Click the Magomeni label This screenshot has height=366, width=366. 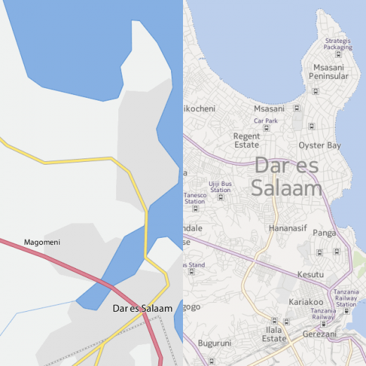(x=42, y=242)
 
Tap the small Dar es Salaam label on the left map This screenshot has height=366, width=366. (x=142, y=308)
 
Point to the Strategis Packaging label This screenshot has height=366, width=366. (x=337, y=44)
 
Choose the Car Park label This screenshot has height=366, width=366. (x=266, y=121)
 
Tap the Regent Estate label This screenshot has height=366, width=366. (x=246, y=140)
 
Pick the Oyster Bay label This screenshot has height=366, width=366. (x=320, y=145)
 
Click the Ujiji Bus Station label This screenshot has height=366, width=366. (x=220, y=187)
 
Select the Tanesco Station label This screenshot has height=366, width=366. (x=195, y=198)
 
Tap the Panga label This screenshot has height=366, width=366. (x=324, y=232)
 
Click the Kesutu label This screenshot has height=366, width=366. (x=310, y=274)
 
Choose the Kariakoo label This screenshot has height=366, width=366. (x=286, y=302)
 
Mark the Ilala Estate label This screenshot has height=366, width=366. (x=274, y=334)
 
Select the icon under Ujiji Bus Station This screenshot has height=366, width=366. (x=220, y=198)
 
